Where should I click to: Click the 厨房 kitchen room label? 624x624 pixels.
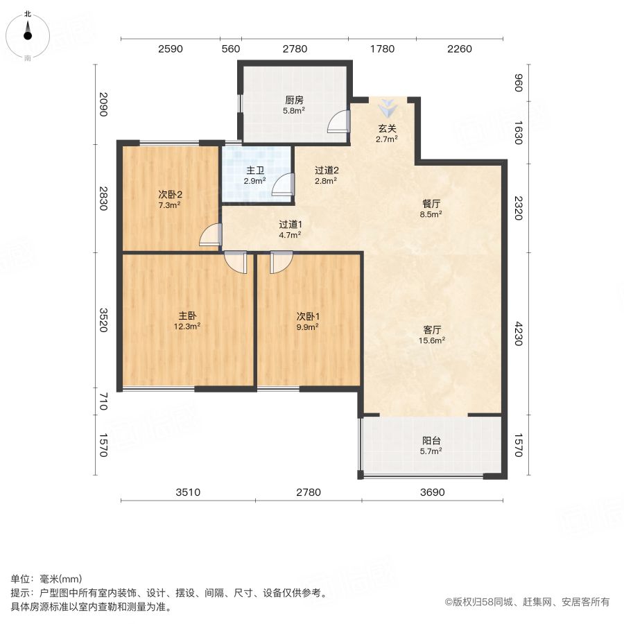294,100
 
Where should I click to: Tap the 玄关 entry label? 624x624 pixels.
387,128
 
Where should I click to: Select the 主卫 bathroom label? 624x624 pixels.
254,171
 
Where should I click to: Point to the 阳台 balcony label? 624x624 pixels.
431,440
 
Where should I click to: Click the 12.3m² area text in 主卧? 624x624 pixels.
187,327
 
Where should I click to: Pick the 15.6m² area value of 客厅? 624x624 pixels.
432,340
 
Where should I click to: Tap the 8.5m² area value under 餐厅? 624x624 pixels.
431,214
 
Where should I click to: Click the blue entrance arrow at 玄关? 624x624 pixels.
387,108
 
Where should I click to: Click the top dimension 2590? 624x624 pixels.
171,49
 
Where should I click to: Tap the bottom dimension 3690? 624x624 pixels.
432,492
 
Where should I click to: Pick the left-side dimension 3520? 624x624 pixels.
103,320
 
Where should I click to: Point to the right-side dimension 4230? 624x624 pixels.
518,333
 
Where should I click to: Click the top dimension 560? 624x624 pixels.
231,49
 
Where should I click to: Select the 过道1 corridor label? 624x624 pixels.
290,225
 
